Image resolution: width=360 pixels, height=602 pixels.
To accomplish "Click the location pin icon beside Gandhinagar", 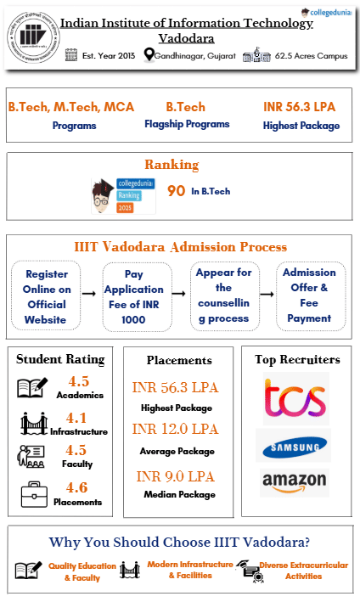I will (x=149, y=55).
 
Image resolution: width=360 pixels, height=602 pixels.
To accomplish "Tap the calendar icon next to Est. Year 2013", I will (x=71, y=55).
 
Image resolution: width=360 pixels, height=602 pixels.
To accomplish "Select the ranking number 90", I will (x=176, y=191).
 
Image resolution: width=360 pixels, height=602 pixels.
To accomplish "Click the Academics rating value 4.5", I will (x=79, y=381).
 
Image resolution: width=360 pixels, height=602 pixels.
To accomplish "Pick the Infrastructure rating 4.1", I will (x=79, y=418).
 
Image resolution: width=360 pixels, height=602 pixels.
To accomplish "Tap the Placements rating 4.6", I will (x=79, y=487).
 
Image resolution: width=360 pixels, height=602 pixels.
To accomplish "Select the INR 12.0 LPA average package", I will (x=176, y=429).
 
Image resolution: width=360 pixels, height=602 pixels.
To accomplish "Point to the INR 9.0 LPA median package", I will (x=176, y=475).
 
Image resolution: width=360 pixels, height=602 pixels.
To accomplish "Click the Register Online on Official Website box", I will (x=46, y=296).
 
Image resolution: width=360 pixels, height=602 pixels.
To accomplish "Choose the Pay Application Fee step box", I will (x=135, y=296).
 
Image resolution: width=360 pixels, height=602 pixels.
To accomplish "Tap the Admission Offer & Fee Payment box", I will (x=309, y=295).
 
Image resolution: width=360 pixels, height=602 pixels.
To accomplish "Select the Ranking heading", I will (x=172, y=165).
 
